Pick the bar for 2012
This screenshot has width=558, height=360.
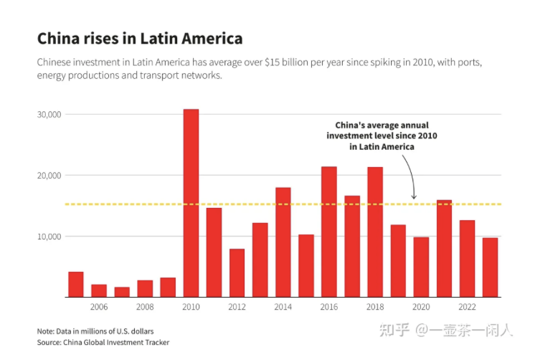click(237, 273)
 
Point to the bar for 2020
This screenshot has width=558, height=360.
click(421, 267)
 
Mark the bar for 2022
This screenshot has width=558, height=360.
click(467, 258)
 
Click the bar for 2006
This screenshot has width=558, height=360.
click(99, 290)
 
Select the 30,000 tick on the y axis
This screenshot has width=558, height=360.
click(49, 115)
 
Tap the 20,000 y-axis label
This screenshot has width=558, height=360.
click(49, 176)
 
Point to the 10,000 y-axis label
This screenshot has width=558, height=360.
click(49, 237)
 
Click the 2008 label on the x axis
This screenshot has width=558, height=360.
click(145, 307)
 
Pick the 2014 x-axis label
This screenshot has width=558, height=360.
click(283, 307)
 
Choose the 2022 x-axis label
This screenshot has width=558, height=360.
click(467, 307)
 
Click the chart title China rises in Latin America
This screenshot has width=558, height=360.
click(140, 38)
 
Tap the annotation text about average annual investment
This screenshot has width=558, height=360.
click(382, 136)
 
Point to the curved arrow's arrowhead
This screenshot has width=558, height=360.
click(414, 196)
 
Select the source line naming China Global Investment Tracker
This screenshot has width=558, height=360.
click(103, 343)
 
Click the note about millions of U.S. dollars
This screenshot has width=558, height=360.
click(95, 331)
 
